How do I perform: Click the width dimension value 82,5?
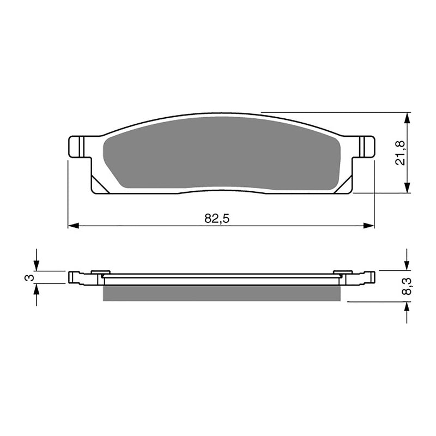[x=216, y=219]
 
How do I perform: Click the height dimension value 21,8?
[x=400, y=153]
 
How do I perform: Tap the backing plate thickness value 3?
[x=31, y=277]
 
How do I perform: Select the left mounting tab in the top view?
[x=78, y=146]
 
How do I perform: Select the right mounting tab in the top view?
[x=366, y=146]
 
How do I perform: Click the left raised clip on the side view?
[x=100, y=272]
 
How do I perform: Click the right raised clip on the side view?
[x=343, y=272]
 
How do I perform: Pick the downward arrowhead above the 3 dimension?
[x=37, y=267]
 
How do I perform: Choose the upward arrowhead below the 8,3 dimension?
[x=407, y=306]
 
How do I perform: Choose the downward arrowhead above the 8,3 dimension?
[x=407, y=265]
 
